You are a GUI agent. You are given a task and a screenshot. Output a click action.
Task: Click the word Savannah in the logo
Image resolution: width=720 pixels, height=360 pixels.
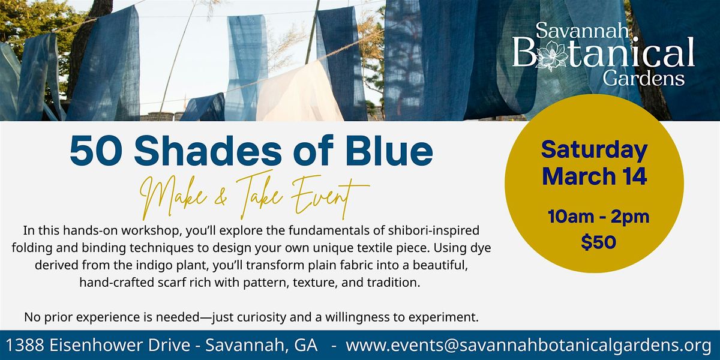click(x=582, y=30)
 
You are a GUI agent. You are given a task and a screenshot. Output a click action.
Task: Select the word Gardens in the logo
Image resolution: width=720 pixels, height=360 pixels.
click(x=643, y=77)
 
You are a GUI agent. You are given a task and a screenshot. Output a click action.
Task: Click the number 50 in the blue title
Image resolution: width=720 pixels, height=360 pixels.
click(x=96, y=151)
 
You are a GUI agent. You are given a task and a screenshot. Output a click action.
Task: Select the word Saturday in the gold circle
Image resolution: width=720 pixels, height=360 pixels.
click(x=594, y=151)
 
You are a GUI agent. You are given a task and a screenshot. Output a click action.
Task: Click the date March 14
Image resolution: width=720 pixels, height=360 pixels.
click(x=595, y=176)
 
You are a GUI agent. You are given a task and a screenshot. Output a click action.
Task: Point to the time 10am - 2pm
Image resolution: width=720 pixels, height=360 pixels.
click(x=599, y=217)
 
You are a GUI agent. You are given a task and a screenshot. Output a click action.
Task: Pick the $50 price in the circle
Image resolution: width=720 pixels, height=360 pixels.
click(x=598, y=242)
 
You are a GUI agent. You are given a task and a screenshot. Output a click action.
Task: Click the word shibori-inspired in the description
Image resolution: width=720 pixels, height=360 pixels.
click(x=434, y=230)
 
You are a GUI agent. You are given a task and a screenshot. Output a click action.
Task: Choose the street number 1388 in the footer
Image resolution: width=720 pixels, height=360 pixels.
click(x=25, y=345)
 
